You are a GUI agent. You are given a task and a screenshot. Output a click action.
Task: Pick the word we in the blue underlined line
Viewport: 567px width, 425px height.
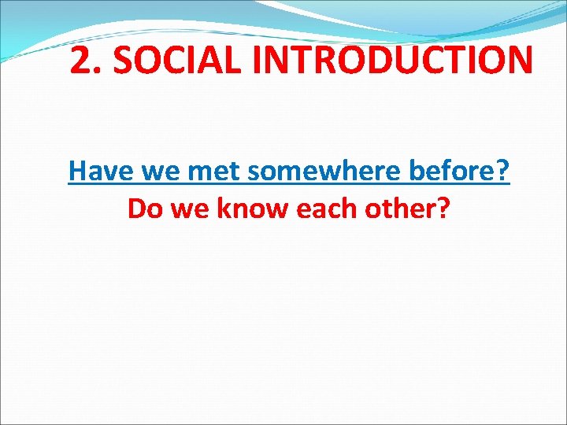pyautogui.click(x=157, y=169)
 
